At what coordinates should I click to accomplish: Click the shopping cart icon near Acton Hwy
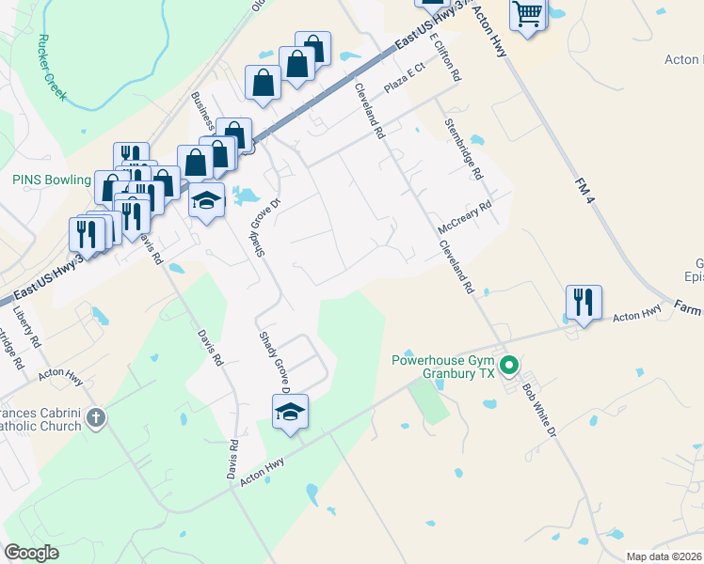pyautogui.click(x=529, y=15)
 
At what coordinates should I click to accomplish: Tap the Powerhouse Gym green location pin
pyautogui.click(x=509, y=364)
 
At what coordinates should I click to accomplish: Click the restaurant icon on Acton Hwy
pyautogui.click(x=584, y=303)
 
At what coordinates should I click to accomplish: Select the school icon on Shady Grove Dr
pyautogui.click(x=290, y=411)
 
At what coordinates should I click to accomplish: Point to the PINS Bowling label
pyautogui.click(x=51, y=180)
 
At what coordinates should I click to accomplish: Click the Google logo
pyautogui.click(x=32, y=552)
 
